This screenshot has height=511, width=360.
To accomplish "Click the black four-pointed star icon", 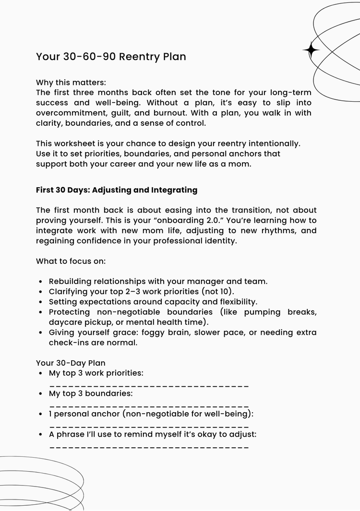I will [x=311, y=50].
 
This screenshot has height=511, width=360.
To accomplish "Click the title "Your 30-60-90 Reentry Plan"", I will [x=111, y=57].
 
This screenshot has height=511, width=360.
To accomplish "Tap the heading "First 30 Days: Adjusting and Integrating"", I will [x=117, y=190].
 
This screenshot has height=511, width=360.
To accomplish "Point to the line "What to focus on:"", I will [x=71, y=261].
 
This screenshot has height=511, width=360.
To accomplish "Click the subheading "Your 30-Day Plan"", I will [x=71, y=363].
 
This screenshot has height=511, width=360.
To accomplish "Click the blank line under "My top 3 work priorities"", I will [x=149, y=386].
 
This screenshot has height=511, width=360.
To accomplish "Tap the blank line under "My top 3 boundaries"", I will [x=149, y=406].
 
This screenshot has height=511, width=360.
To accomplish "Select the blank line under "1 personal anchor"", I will [x=149, y=427].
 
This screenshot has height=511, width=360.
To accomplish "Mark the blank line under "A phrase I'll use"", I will [x=149, y=447].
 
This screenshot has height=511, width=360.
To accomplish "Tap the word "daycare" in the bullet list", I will [x=65, y=322].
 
